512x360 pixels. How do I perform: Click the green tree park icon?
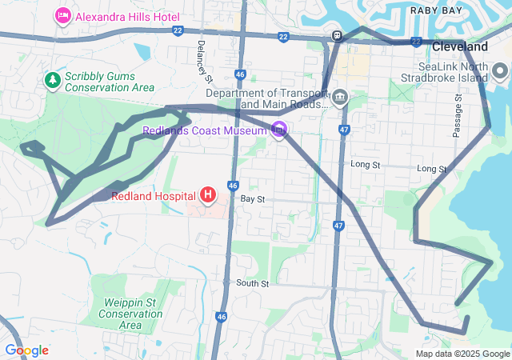[52, 80]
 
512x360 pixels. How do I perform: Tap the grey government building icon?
[340, 98]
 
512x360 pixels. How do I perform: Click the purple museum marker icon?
[278, 130]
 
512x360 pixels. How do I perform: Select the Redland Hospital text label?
[154, 195]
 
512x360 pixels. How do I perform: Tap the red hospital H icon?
[208, 194]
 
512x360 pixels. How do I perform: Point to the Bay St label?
[252, 198]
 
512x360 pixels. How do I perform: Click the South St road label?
[252, 283]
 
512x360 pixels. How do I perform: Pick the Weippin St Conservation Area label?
[130, 314]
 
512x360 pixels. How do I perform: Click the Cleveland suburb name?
[459, 47]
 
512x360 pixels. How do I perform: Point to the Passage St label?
[458, 116]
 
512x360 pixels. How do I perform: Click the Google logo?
[26, 350]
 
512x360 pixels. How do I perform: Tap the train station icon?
[338, 36]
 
